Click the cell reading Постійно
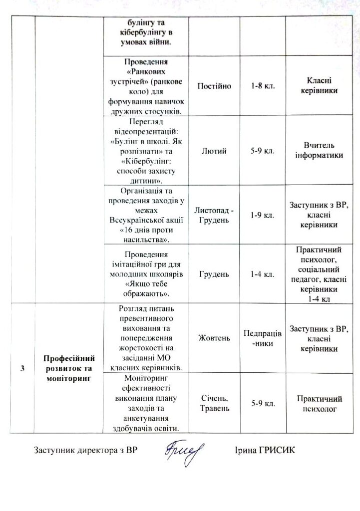coord(214,87)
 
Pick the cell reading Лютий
coord(214,151)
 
